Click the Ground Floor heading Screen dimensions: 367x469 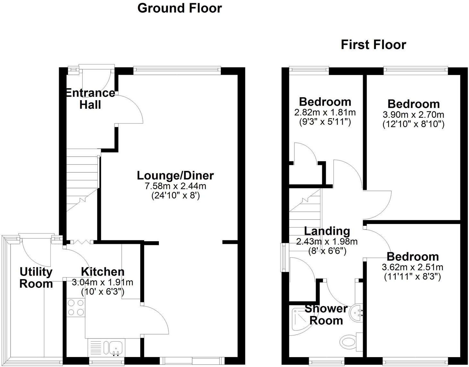tap(179, 8)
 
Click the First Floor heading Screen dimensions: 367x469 tap(373, 45)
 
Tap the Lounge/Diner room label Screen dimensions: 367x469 tap(175, 175)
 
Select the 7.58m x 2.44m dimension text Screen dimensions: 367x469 tap(176, 186)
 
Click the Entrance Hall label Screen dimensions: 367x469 tap(90, 99)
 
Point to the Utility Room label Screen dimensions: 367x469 tap(36, 277)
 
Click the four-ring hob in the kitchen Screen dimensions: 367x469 tap(76, 307)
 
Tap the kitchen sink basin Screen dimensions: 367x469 tap(115, 348)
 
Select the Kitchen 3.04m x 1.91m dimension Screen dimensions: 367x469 tap(102, 283)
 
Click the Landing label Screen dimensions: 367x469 tap(327, 231)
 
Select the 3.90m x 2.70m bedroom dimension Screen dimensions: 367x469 tap(413, 115)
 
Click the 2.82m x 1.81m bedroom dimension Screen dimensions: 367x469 tap(325, 113)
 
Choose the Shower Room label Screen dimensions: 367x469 tap(326, 315)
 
